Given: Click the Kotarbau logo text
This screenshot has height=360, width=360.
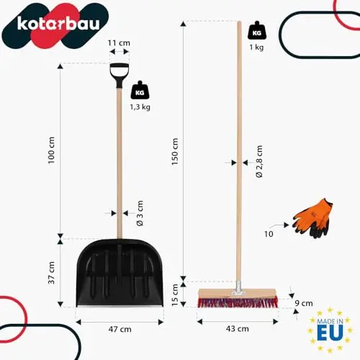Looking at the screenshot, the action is coord(58,23).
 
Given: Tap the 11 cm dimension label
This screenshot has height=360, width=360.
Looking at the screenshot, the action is coord(119,43).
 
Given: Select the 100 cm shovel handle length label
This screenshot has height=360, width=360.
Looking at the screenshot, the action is coord(51,150).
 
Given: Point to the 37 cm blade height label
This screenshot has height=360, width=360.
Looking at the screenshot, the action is coord(51,273).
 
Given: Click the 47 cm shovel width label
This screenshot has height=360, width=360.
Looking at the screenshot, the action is coord(120,329).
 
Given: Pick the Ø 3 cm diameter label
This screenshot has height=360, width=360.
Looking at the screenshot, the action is coord(140,213).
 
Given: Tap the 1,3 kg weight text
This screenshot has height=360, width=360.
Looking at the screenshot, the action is coord(140,107).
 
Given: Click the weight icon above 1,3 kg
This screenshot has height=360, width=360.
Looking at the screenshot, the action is coord(140,90).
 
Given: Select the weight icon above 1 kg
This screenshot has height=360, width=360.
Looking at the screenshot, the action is coord(257,30).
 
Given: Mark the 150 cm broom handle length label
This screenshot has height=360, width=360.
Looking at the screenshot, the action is coord(175,151).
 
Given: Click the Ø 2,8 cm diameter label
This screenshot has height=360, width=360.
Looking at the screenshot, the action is coord(259,161).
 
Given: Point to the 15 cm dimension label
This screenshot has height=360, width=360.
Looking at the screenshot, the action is coord(175,295).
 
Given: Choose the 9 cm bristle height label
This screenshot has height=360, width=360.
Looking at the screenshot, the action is coord(304,303).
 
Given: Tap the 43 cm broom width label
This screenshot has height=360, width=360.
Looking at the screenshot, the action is coord(238,328).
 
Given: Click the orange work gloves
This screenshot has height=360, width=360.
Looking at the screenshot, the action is coord(312,218).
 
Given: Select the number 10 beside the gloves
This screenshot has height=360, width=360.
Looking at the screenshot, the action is coord(269,234).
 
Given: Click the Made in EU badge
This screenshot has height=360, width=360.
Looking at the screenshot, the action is coord(330,330).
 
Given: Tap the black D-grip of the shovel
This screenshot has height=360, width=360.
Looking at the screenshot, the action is coord(120,75).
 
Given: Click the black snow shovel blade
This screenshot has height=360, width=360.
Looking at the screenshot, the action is coord(120,273).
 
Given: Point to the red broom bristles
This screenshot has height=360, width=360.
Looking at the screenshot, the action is coord(238,302).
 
